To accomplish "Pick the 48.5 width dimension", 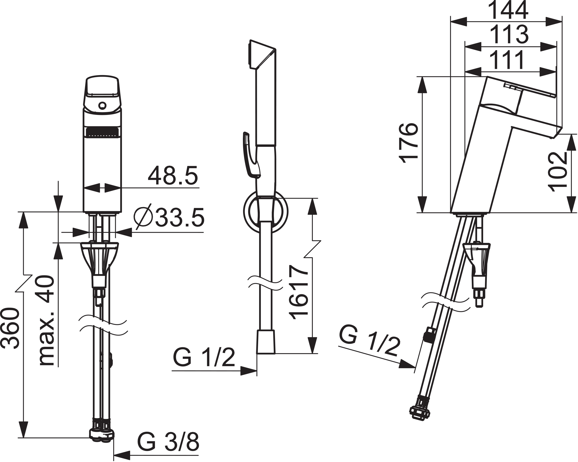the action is tap(173, 175).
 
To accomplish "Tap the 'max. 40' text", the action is tap(46, 320).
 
